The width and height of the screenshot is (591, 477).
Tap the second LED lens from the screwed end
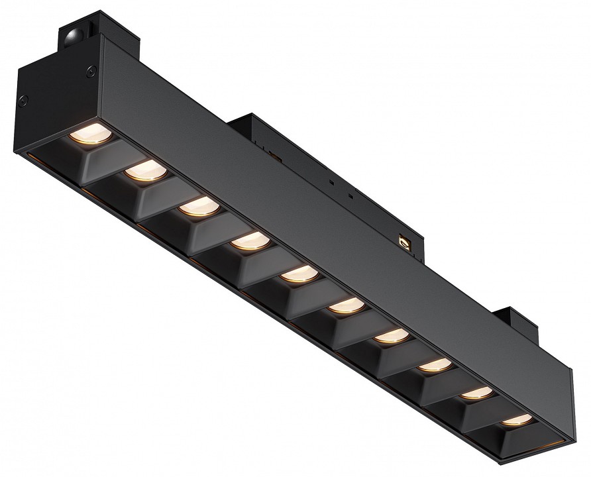pyautogui.click(x=144, y=170)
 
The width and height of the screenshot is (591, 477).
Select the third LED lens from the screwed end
pyautogui.click(x=195, y=207)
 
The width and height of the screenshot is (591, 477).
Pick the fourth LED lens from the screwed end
pyautogui.click(x=246, y=242)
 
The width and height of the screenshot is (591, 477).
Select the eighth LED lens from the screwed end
pyautogui.click(x=432, y=365)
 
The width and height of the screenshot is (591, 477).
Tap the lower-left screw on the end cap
pyautogui.click(x=25, y=100)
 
